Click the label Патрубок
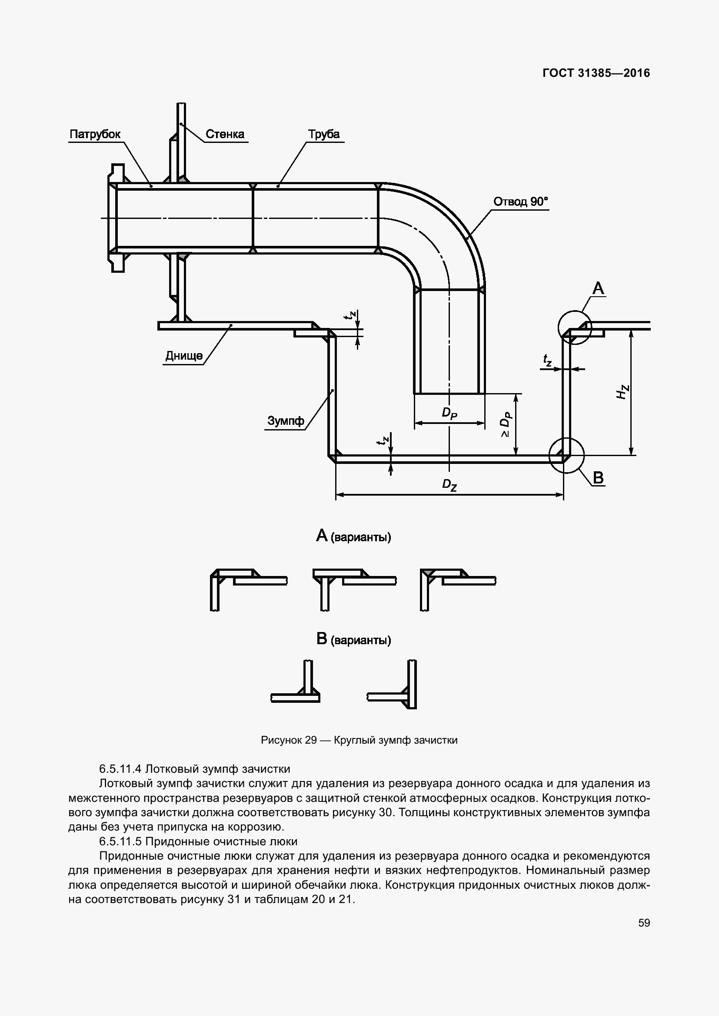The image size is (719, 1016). click(x=95, y=135)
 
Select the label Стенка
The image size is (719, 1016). click(x=225, y=135)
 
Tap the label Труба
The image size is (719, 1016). click(x=324, y=135)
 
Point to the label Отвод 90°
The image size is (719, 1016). click(x=521, y=202)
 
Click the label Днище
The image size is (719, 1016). click(x=184, y=356)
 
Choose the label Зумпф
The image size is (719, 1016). click(x=286, y=421)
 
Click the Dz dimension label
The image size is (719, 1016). click(x=449, y=485)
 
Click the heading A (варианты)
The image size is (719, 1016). click(x=353, y=536)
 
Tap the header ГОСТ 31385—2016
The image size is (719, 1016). click(x=596, y=73)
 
